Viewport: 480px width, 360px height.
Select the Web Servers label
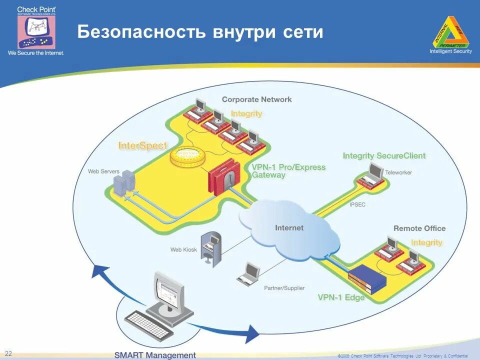click(x=103, y=171)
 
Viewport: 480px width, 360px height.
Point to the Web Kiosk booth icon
click(x=210, y=247)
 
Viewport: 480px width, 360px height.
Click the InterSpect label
click(x=142, y=146)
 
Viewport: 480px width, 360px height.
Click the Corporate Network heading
click(x=256, y=99)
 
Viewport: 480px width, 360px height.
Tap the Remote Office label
click(x=419, y=228)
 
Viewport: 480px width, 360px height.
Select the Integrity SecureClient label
click(x=384, y=156)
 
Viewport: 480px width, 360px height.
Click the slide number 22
click(x=8, y=353)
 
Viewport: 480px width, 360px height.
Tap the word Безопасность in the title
click(x=141, y=32)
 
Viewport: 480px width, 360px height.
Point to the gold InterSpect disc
click(x=186, y=156)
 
